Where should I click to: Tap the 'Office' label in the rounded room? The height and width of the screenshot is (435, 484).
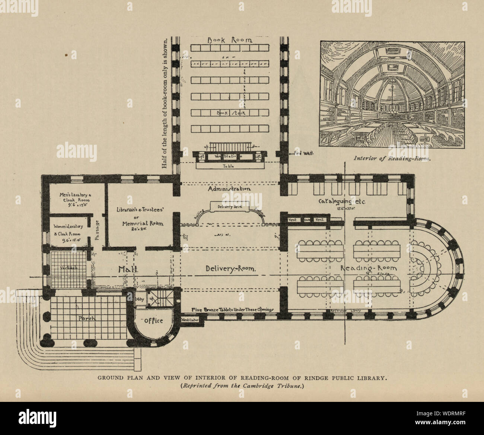click(154, 321)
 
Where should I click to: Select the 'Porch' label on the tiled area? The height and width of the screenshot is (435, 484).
click(88, 319)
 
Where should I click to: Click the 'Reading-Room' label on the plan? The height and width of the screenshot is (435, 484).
click(369, 268)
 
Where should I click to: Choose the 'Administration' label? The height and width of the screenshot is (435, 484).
click(229, 189)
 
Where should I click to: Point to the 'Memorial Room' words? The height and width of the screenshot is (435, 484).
click(140, 224)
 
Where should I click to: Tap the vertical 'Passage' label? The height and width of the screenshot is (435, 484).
click(98, 231)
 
